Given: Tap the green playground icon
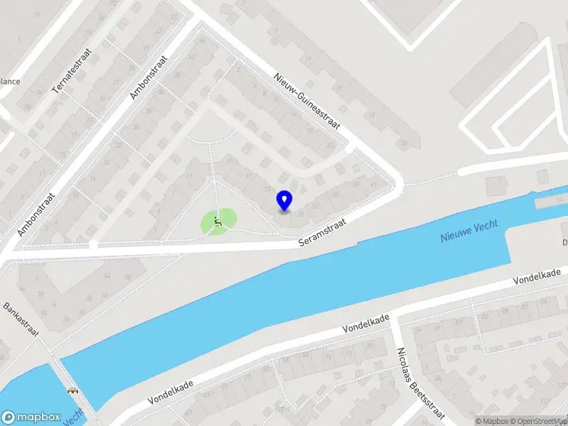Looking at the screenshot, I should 219,222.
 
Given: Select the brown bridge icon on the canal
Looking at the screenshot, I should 72,390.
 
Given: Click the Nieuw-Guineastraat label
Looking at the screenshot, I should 307,103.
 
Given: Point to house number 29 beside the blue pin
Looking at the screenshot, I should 301,214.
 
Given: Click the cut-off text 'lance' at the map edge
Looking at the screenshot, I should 9,81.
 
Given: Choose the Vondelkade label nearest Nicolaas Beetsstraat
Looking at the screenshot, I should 366,325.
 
